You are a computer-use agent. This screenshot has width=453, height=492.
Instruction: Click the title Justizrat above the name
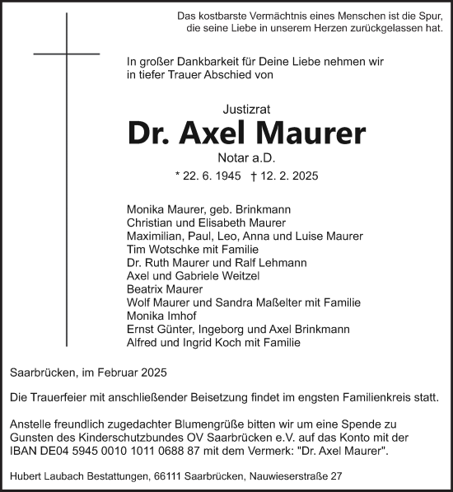(x=246, y=107)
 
